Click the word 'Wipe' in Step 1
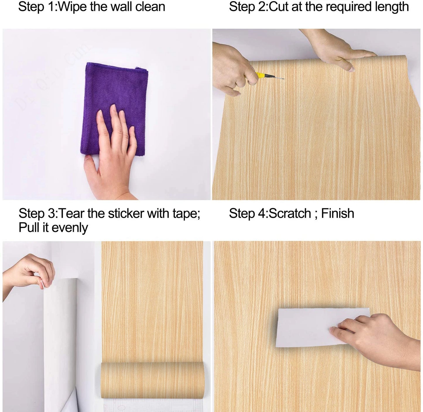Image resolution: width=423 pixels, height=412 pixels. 73,7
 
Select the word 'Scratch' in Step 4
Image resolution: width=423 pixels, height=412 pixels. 290,213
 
